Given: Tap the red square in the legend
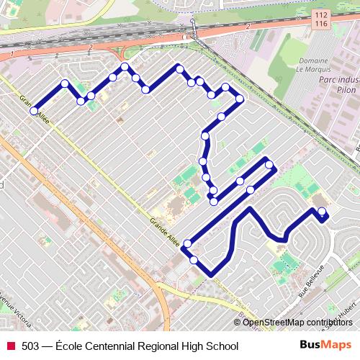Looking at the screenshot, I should coord(11,346).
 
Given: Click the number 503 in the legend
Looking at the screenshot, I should coord(30,346).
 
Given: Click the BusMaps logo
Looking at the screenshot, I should coord(325,346).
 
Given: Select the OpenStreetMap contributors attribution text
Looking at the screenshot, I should coord(297,322).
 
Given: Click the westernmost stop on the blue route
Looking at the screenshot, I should coord(34,111).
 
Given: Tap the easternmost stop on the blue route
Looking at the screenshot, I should coord(322,212).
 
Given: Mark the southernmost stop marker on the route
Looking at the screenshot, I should coord(194,259).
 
